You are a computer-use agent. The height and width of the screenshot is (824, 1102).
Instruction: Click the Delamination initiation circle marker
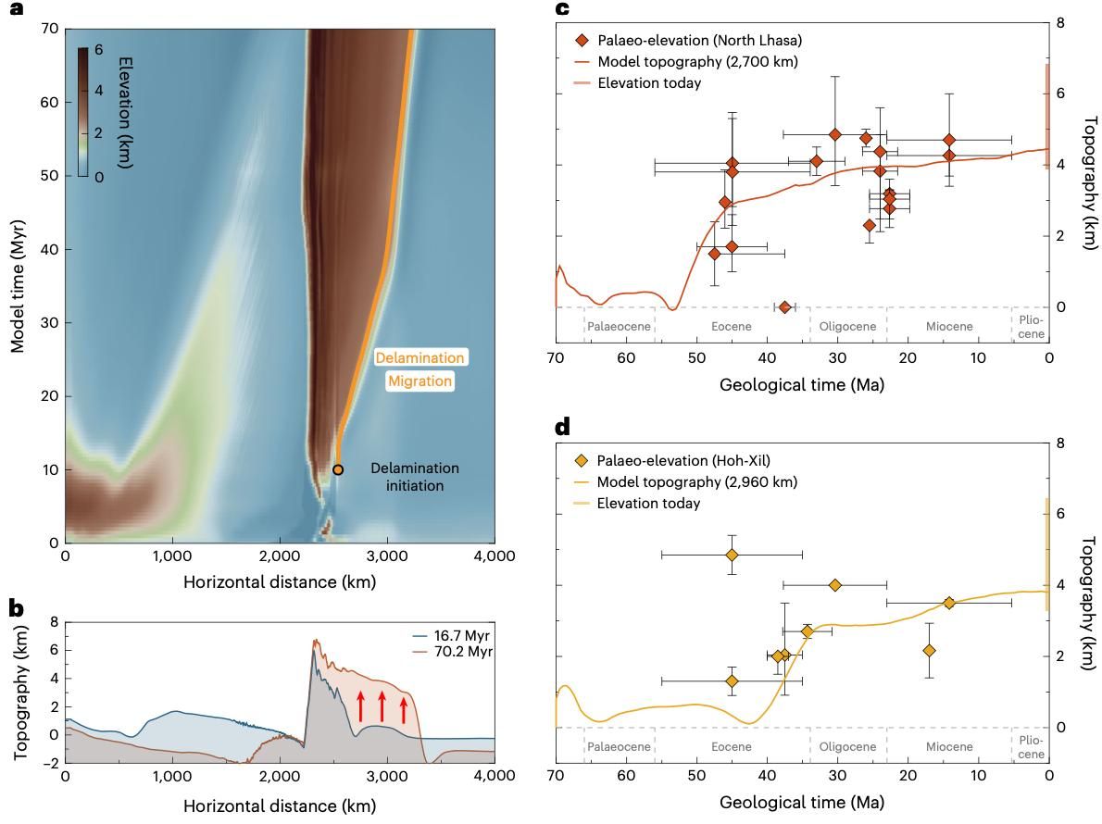coord(338,469)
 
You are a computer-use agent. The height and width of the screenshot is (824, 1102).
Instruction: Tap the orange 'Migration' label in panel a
coord(420,381)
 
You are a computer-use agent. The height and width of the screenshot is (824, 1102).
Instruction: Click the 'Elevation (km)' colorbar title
coord(127,112)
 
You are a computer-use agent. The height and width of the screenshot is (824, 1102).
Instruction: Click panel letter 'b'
coord(16,608)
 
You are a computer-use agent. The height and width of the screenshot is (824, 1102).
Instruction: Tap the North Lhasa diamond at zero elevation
coord(784,307)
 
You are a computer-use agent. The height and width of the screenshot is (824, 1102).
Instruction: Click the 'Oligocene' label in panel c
coord(847,326)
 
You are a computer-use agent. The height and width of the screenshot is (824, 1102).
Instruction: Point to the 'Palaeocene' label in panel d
coord(619,746)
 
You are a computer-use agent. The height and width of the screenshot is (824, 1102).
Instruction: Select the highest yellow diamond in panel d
coord(732,555)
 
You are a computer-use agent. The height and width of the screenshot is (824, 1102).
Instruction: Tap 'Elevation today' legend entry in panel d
coord(648,504)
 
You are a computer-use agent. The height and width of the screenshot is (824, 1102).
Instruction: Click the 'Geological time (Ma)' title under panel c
coord(801,384)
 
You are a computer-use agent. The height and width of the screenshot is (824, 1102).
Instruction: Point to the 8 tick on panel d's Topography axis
coord(1061,443)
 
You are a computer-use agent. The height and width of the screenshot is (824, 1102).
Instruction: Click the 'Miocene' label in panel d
coord(948,746)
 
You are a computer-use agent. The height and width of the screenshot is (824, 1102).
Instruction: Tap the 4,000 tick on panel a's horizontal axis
coord(495,556)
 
